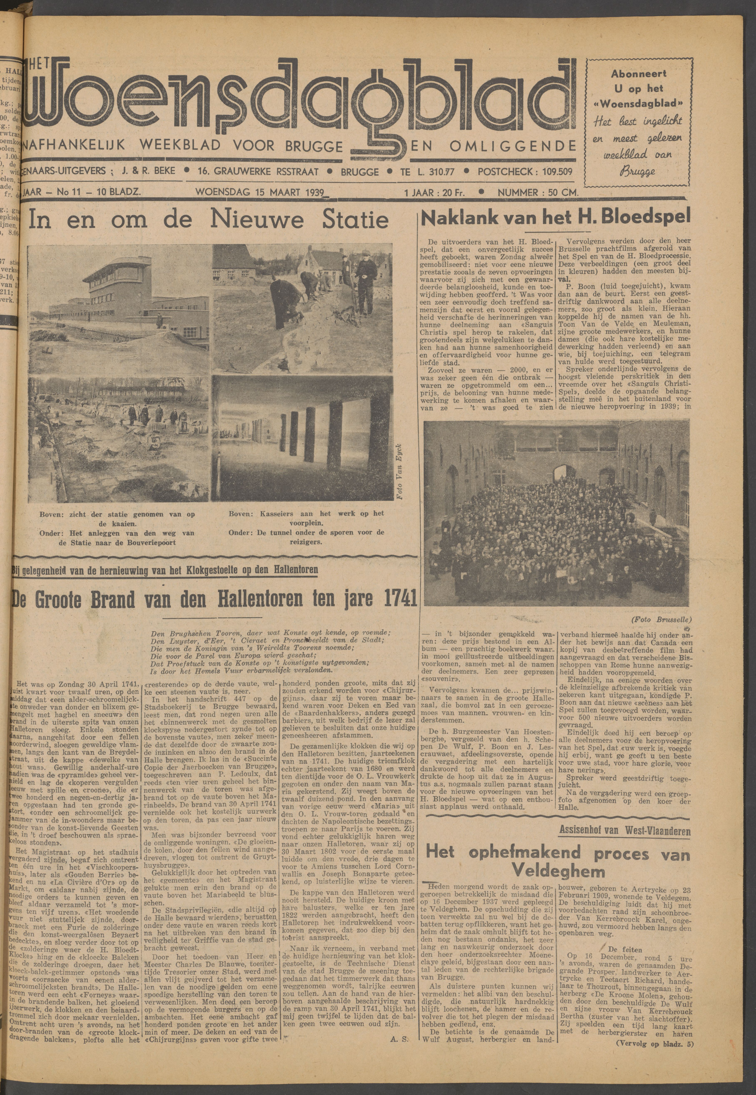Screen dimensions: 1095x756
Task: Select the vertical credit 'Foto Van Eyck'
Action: (400, 471)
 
